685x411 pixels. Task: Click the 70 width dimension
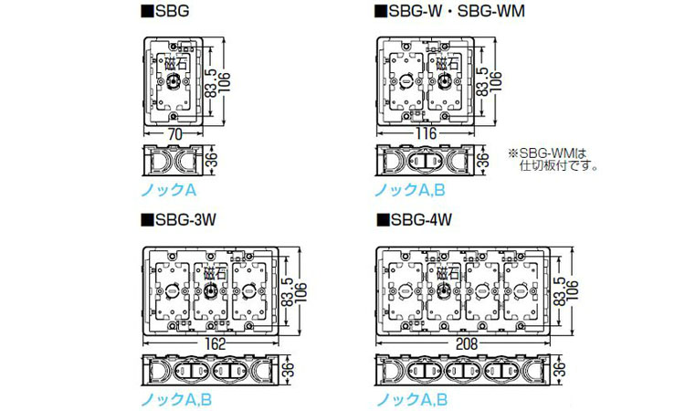point(174,134)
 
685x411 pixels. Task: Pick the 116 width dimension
point(426,133)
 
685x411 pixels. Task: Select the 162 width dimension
point(215,343)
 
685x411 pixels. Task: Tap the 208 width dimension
point(467,343)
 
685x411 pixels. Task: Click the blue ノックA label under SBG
point(169,190)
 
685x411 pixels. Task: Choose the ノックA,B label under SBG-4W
point(412,399)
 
